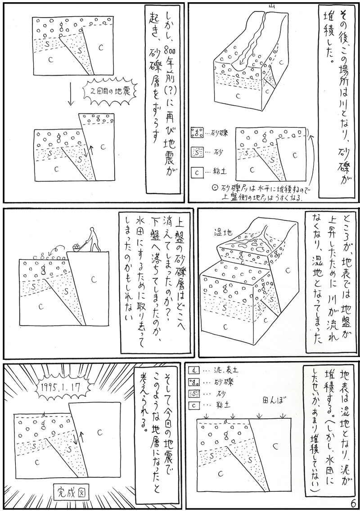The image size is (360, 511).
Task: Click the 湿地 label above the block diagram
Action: click(x=223, y=233)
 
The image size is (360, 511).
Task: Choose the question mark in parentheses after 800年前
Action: click(x=165, y=85)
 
